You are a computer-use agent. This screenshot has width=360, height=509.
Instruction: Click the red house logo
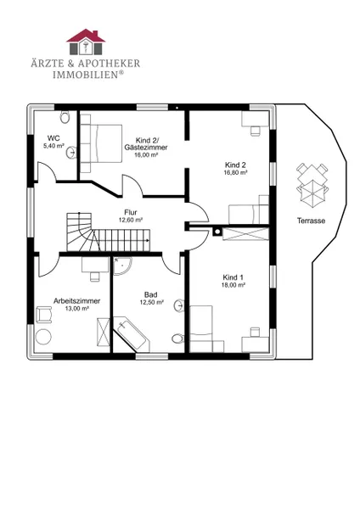click(86, 42)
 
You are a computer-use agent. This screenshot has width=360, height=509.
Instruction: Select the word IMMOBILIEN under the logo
click(88, 75)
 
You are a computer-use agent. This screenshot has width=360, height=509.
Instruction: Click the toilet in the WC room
click(65, 117)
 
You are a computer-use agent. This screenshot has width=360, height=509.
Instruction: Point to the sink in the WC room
click(71, 152)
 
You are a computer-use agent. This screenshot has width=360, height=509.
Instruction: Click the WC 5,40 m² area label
click(53, 142)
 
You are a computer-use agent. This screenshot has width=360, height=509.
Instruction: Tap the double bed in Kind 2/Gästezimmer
click(101, 143)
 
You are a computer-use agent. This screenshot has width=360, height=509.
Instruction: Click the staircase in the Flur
click(108, 232)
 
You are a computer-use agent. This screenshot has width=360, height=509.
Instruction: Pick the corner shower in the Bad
click(121, 266)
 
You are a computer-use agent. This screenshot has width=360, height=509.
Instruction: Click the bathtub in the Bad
click(132, 334)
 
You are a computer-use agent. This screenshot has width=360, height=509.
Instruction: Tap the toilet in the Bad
click(177, 338)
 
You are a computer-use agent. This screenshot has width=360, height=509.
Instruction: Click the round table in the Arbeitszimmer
click(43, 337)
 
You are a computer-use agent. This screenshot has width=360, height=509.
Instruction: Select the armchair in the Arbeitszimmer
click(44, 315)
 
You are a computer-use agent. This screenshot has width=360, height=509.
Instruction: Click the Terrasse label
click(311, 221)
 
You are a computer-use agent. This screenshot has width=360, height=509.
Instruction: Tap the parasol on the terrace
click(312, 193)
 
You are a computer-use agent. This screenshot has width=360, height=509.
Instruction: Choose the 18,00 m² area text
click(233, 285)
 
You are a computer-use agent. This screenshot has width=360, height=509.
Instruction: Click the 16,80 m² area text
click(235, 172)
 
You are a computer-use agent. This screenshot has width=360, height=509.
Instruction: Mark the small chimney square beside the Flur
click(217, 232)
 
